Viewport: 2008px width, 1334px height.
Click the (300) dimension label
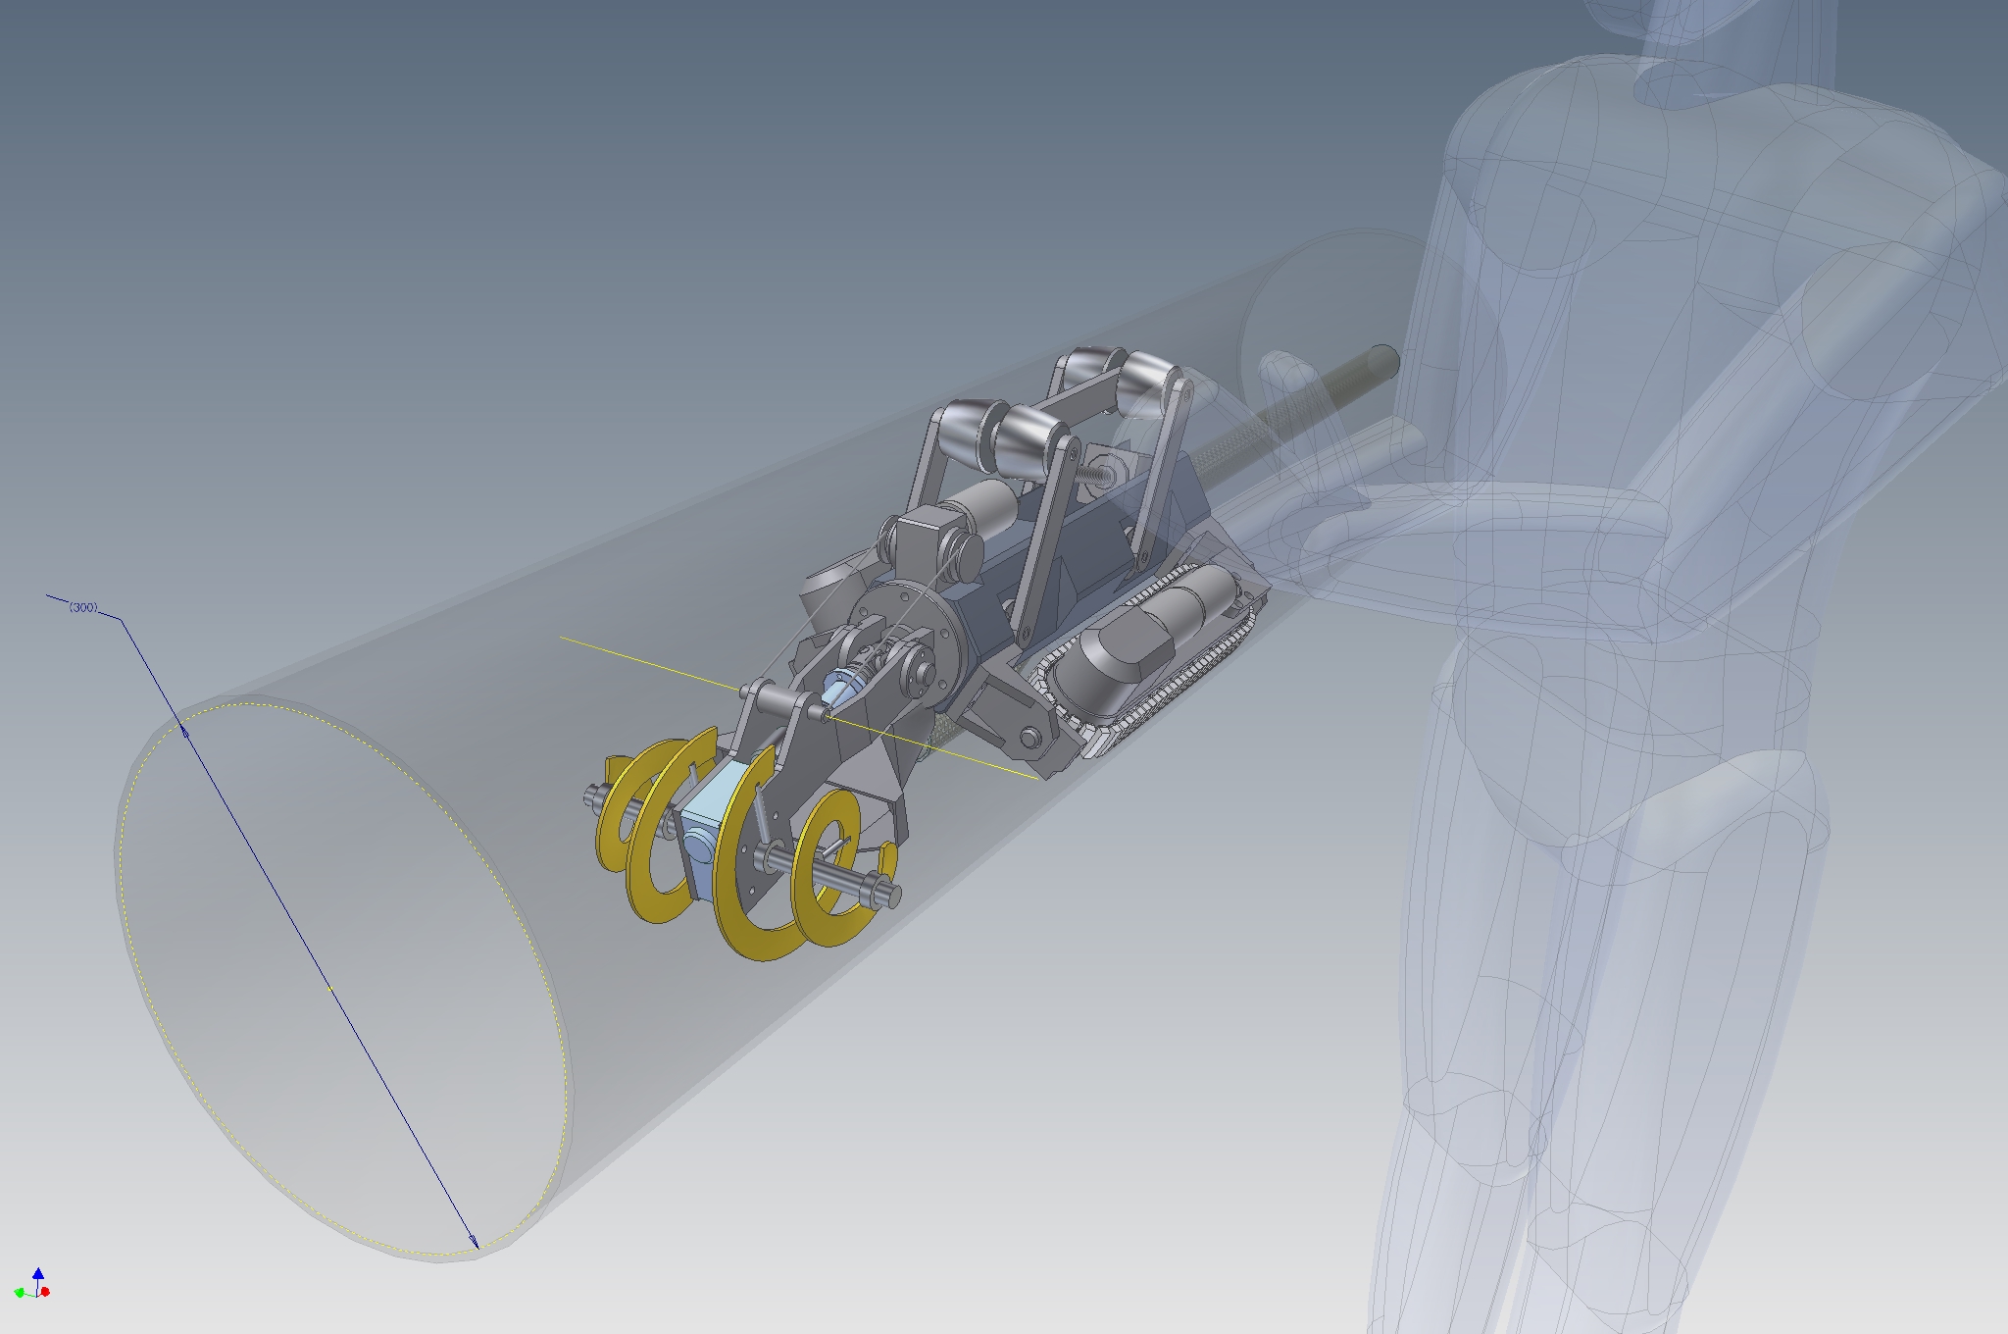click(83, 608)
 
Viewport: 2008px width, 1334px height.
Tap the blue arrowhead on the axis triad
click(38, 1273)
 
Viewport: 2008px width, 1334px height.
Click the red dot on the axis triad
click(46, 1292)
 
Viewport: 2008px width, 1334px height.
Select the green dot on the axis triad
click(20, 1292)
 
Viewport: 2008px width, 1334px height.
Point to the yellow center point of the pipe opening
click(330, 988)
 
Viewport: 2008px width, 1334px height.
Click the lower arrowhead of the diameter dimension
click(476, 1241)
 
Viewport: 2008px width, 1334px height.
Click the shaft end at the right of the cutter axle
click(888, 894)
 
